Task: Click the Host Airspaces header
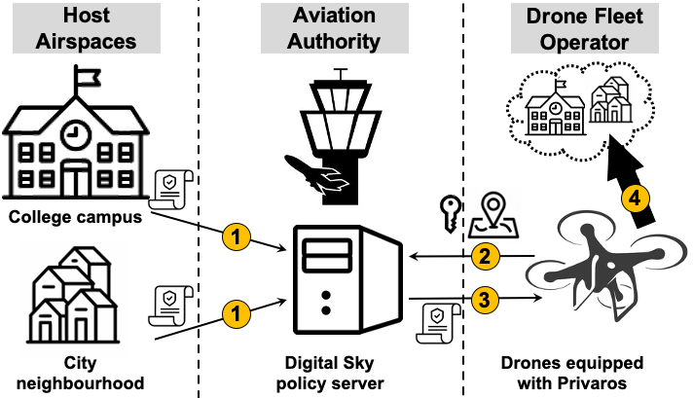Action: pyautogui.click(x=87, y=28)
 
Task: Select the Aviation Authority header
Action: pyautogui.click(x=334, y=28)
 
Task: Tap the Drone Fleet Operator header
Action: pyautogui.click(x=584, y=29)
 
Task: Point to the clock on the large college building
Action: pyautogui.click(x=76, y=134)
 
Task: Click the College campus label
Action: pyautogui.click(x=75, y=217)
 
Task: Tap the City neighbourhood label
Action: pyautogui.click(x=81, y=373)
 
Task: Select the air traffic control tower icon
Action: pyautogui.click(x=340, y=136)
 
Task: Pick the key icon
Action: pyautogui.click(x=451, y=214)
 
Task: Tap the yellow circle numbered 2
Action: pyautogui.click(x=485, y=256)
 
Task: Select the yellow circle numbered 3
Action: pyautogui.click(x=485, y=300)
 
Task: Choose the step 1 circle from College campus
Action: pyautogui.click(x=236, y=236)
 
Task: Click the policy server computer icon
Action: pyautogui.click(x=348, y=280)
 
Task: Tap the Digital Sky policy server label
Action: pyautogui.click(x=330, y=373)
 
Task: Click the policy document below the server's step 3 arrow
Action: pyautogui.click(x=438, y=323)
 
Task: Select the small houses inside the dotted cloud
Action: pyautogui.click(x=611, y=100)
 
